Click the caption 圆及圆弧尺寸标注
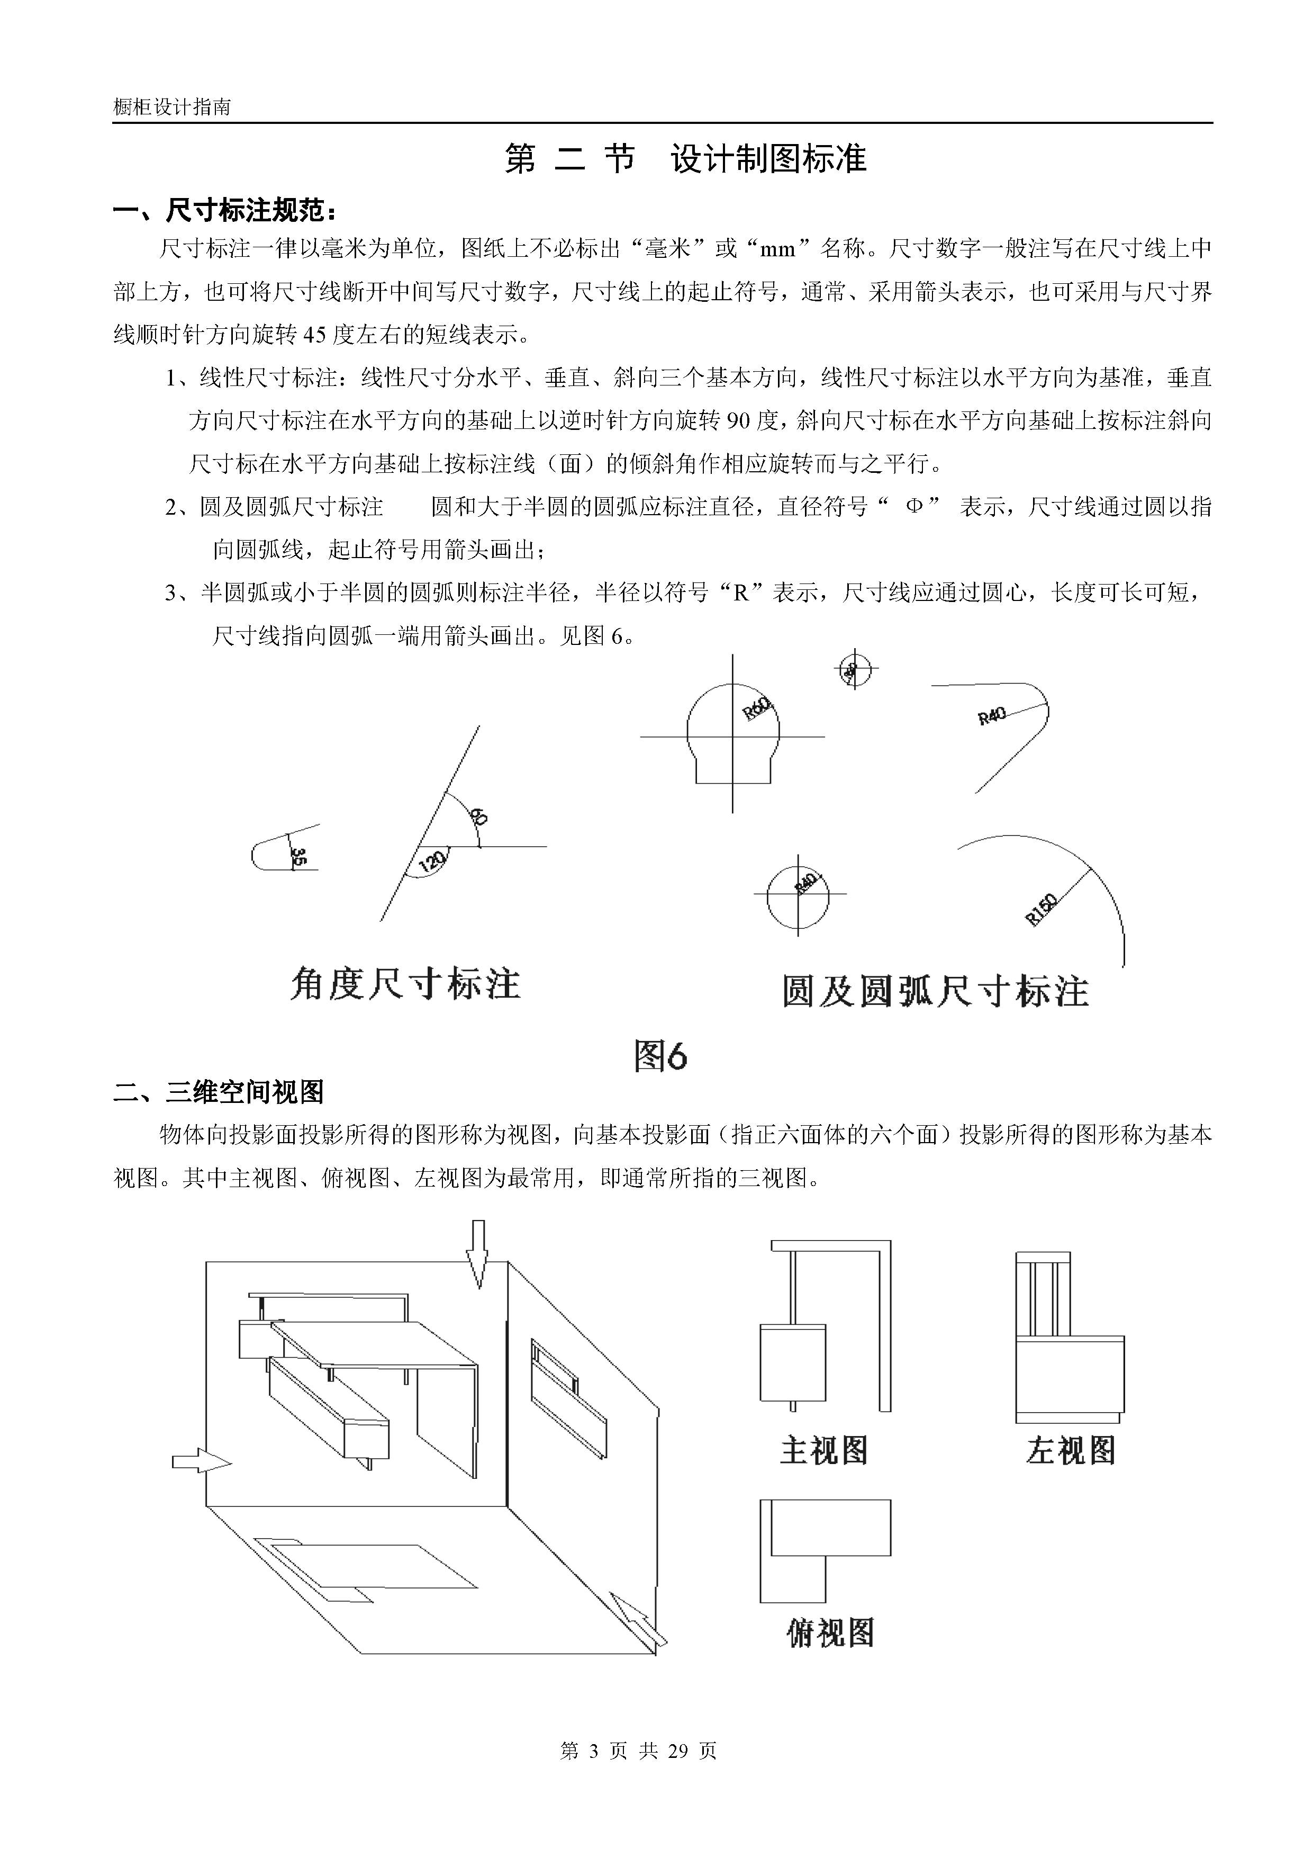coord(935,991)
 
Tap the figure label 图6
coord(660,1056)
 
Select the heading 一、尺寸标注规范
coord(225,211)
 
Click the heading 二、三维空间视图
coord(219,1092)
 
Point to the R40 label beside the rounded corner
coord(992,715)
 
